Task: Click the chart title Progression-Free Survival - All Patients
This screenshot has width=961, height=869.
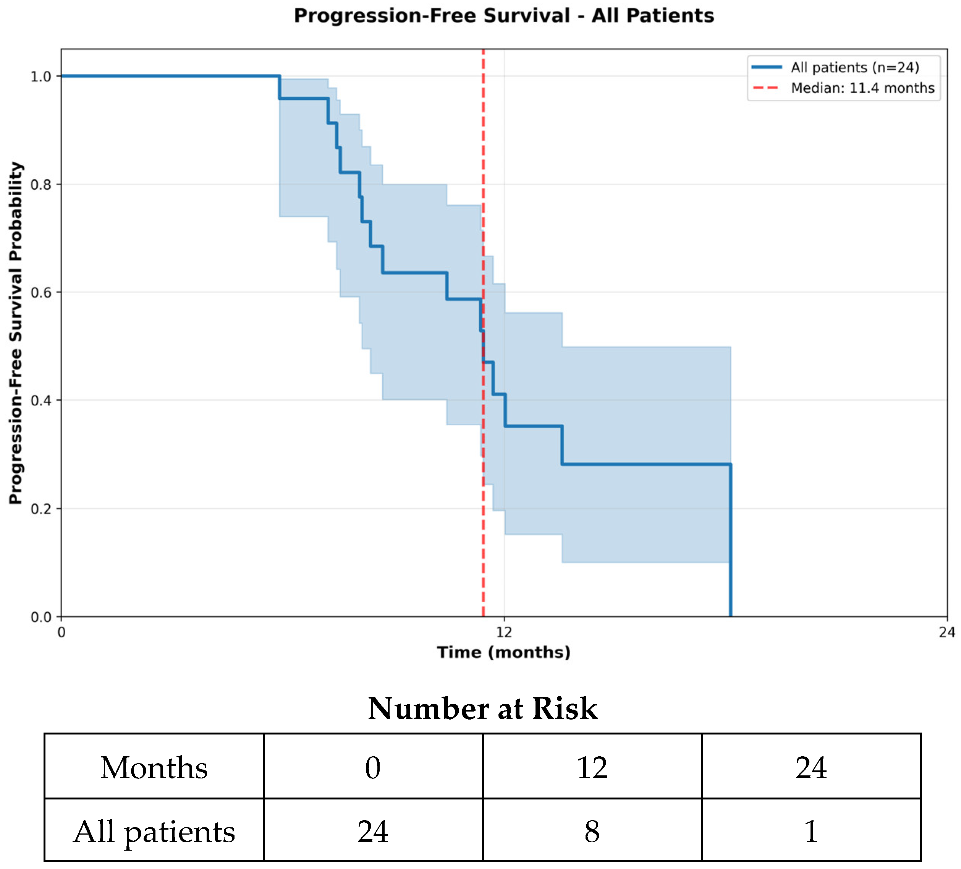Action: (504, 16)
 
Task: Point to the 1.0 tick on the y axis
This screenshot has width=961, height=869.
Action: (40, 76)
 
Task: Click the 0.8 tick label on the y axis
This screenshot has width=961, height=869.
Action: (40, 185)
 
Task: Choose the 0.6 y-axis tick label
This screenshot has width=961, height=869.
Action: (40, 292)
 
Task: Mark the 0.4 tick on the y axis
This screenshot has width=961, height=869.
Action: (40, 400)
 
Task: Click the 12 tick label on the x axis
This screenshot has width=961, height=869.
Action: (504, 632)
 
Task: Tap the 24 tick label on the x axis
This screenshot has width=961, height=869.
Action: (947, 632)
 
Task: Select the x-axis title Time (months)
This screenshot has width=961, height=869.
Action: (504, 652)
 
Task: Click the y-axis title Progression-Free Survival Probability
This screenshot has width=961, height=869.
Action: (16, 333)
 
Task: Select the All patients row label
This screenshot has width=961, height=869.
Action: (154, 832)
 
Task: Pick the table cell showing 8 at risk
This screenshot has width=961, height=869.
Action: (592, 832)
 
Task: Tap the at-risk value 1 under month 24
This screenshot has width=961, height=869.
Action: (811, 832)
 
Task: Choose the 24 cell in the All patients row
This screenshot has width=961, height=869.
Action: (373, 832)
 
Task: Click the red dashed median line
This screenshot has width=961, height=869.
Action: (483, 333)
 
